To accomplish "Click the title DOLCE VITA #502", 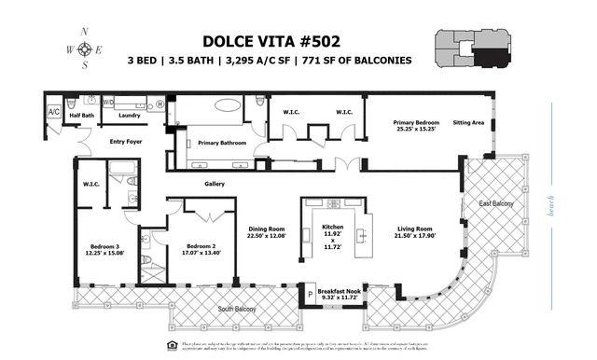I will coord(271,41).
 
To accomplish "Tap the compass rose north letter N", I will coord(85,30).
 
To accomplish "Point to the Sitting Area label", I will coord(467,121).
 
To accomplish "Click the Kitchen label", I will coord(332,228).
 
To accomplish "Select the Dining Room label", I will coord(268,228).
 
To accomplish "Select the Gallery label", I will coord(215,184).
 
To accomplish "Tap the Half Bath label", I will coord(81,116).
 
